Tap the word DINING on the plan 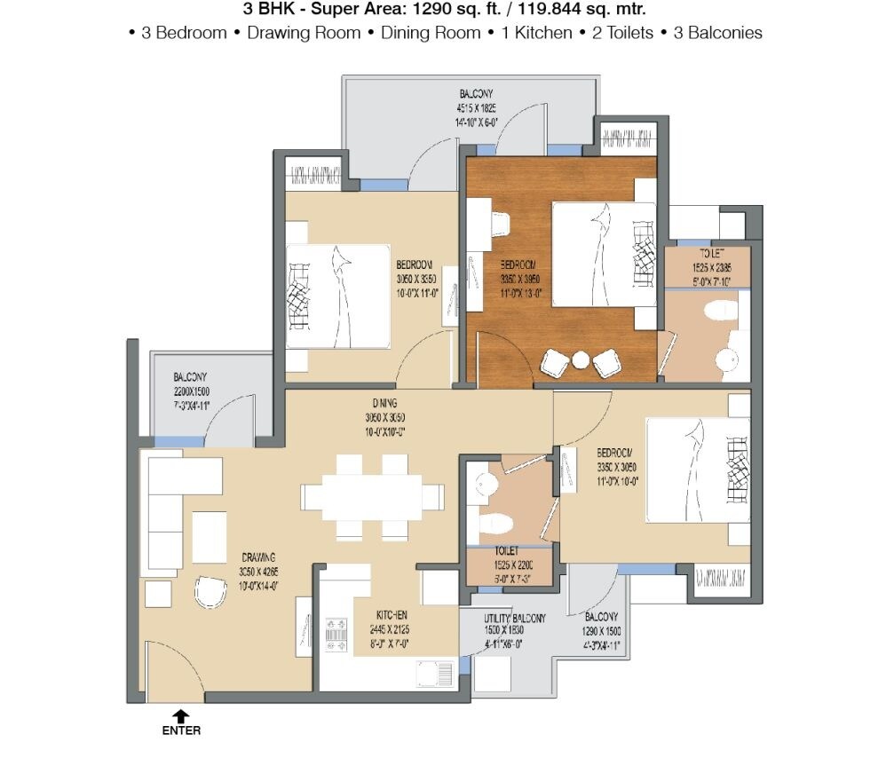click(x=384, y=405)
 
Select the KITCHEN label click(x=391, y=615)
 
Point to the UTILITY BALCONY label click(x=514, y=618)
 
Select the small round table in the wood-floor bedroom click(x=581, y=360)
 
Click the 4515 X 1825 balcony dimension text click(x=477, y=109)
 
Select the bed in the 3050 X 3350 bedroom click(x=337, y=296)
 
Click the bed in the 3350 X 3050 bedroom click(x=698, y=470)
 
